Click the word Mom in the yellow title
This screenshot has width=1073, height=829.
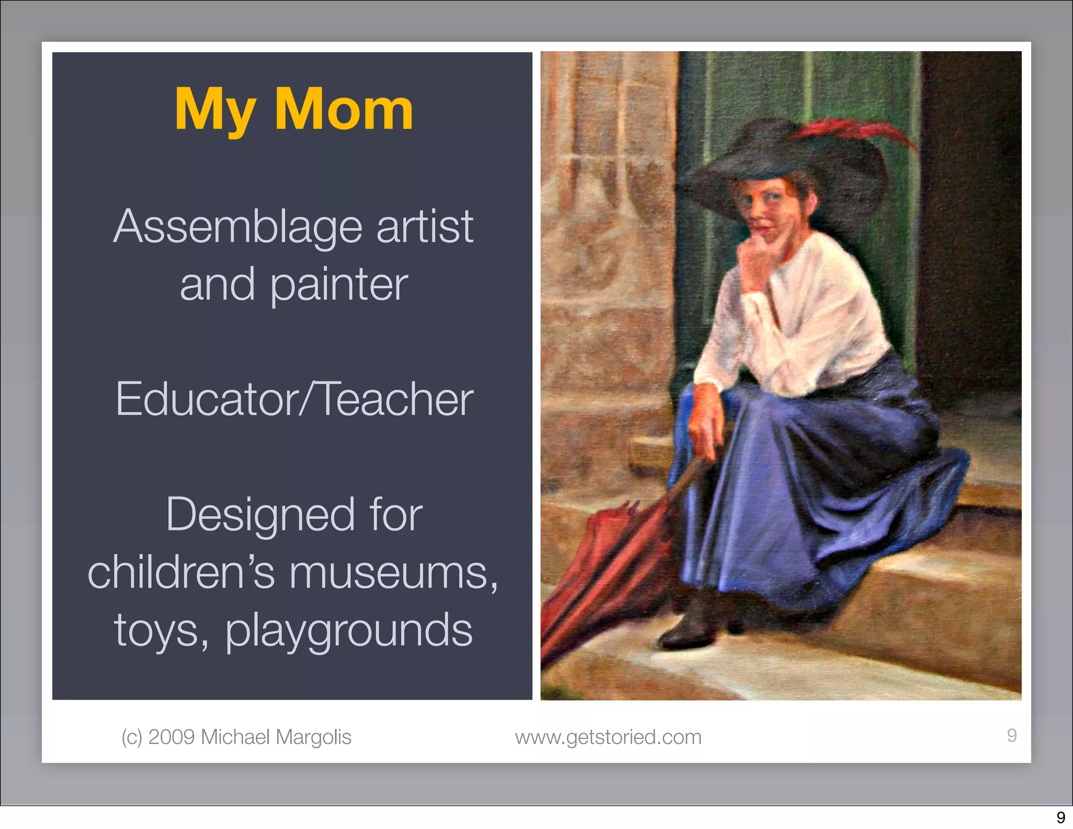[x=344, y=110]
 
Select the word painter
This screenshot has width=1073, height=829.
[x=339, y=286]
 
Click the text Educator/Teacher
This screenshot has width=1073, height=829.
[x=294, y=400]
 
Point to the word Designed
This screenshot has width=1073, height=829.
[x=260, y=516]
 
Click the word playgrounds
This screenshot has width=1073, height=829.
[x=349, y=630]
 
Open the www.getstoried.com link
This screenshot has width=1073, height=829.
[x=608, y=737]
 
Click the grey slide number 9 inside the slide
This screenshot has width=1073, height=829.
[x=1012, y=735]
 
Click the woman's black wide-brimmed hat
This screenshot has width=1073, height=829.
[x=775, y=157]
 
